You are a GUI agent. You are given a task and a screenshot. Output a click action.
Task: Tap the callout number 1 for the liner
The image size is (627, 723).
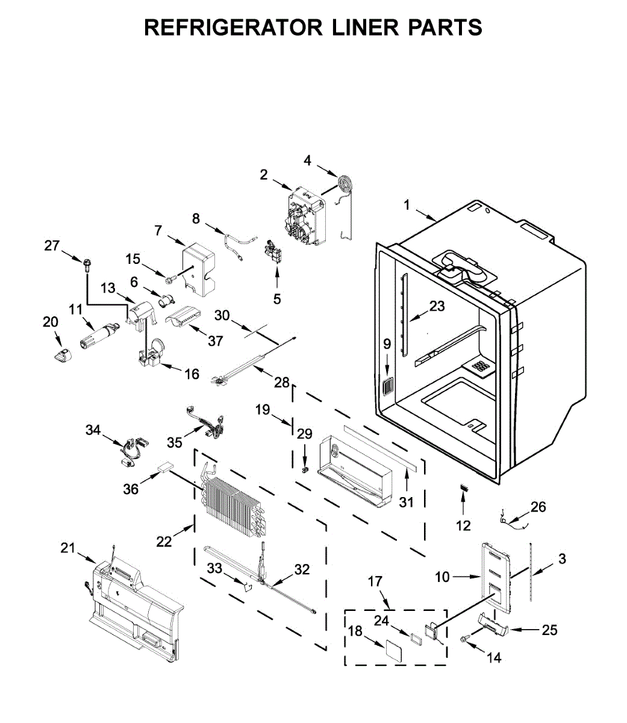pos(407,205)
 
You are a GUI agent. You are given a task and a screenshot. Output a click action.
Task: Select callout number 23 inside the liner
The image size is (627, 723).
pos(437,306)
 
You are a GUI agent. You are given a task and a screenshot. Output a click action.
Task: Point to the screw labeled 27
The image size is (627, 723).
pos(87,263)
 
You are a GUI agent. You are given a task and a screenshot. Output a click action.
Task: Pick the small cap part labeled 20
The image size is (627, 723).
pos(61,355)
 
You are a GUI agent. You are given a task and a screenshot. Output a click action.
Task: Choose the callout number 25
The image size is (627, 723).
pos(549,630)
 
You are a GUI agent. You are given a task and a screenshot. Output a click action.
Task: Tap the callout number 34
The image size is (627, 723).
pos(93,430)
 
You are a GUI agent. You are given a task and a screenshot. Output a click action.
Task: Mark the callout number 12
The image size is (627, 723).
pos(463,525)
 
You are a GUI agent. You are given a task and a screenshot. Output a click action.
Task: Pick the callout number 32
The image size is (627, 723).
pos(302,569)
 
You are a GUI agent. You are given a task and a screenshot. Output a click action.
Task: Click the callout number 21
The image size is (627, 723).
pos(68,548)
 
